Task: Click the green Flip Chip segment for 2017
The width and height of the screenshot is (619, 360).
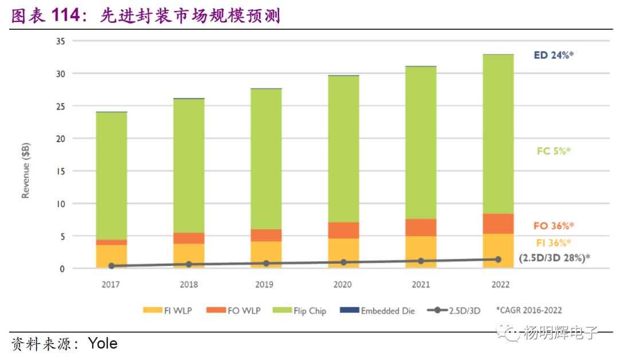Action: [112, 175]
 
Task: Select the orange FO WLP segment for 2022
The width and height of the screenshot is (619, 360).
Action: [498, 224]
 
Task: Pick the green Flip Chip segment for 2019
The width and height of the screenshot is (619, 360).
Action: [266, 159]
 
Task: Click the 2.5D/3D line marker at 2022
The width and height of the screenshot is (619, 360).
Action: [498, 259]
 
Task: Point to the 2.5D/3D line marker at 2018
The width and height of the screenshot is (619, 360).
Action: [189, 264]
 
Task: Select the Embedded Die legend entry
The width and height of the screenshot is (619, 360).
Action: [378, 311]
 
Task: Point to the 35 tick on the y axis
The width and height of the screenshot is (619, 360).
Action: [60, 41]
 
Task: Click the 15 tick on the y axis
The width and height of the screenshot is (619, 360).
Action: [60, 171]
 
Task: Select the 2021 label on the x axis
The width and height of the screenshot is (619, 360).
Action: [421, 284]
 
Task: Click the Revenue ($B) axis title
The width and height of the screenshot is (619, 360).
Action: [26, 171]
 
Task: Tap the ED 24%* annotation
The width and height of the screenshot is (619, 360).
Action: [554, 56]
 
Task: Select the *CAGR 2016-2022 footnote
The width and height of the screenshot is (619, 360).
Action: [529, 311]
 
